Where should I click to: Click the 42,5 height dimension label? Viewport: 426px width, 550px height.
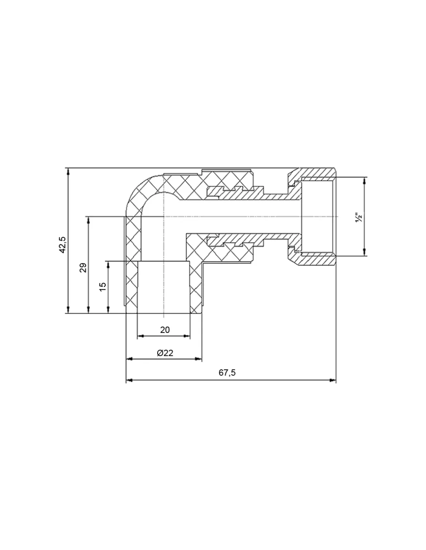[62, 244]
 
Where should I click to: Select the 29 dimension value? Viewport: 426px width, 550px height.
[83, 268]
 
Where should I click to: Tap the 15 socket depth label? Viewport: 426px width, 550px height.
[103, 287]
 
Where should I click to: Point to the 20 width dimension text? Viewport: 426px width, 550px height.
[165, 330]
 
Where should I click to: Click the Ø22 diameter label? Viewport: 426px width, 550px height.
[165, 353]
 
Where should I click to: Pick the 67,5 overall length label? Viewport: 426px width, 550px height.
[227, 373]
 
